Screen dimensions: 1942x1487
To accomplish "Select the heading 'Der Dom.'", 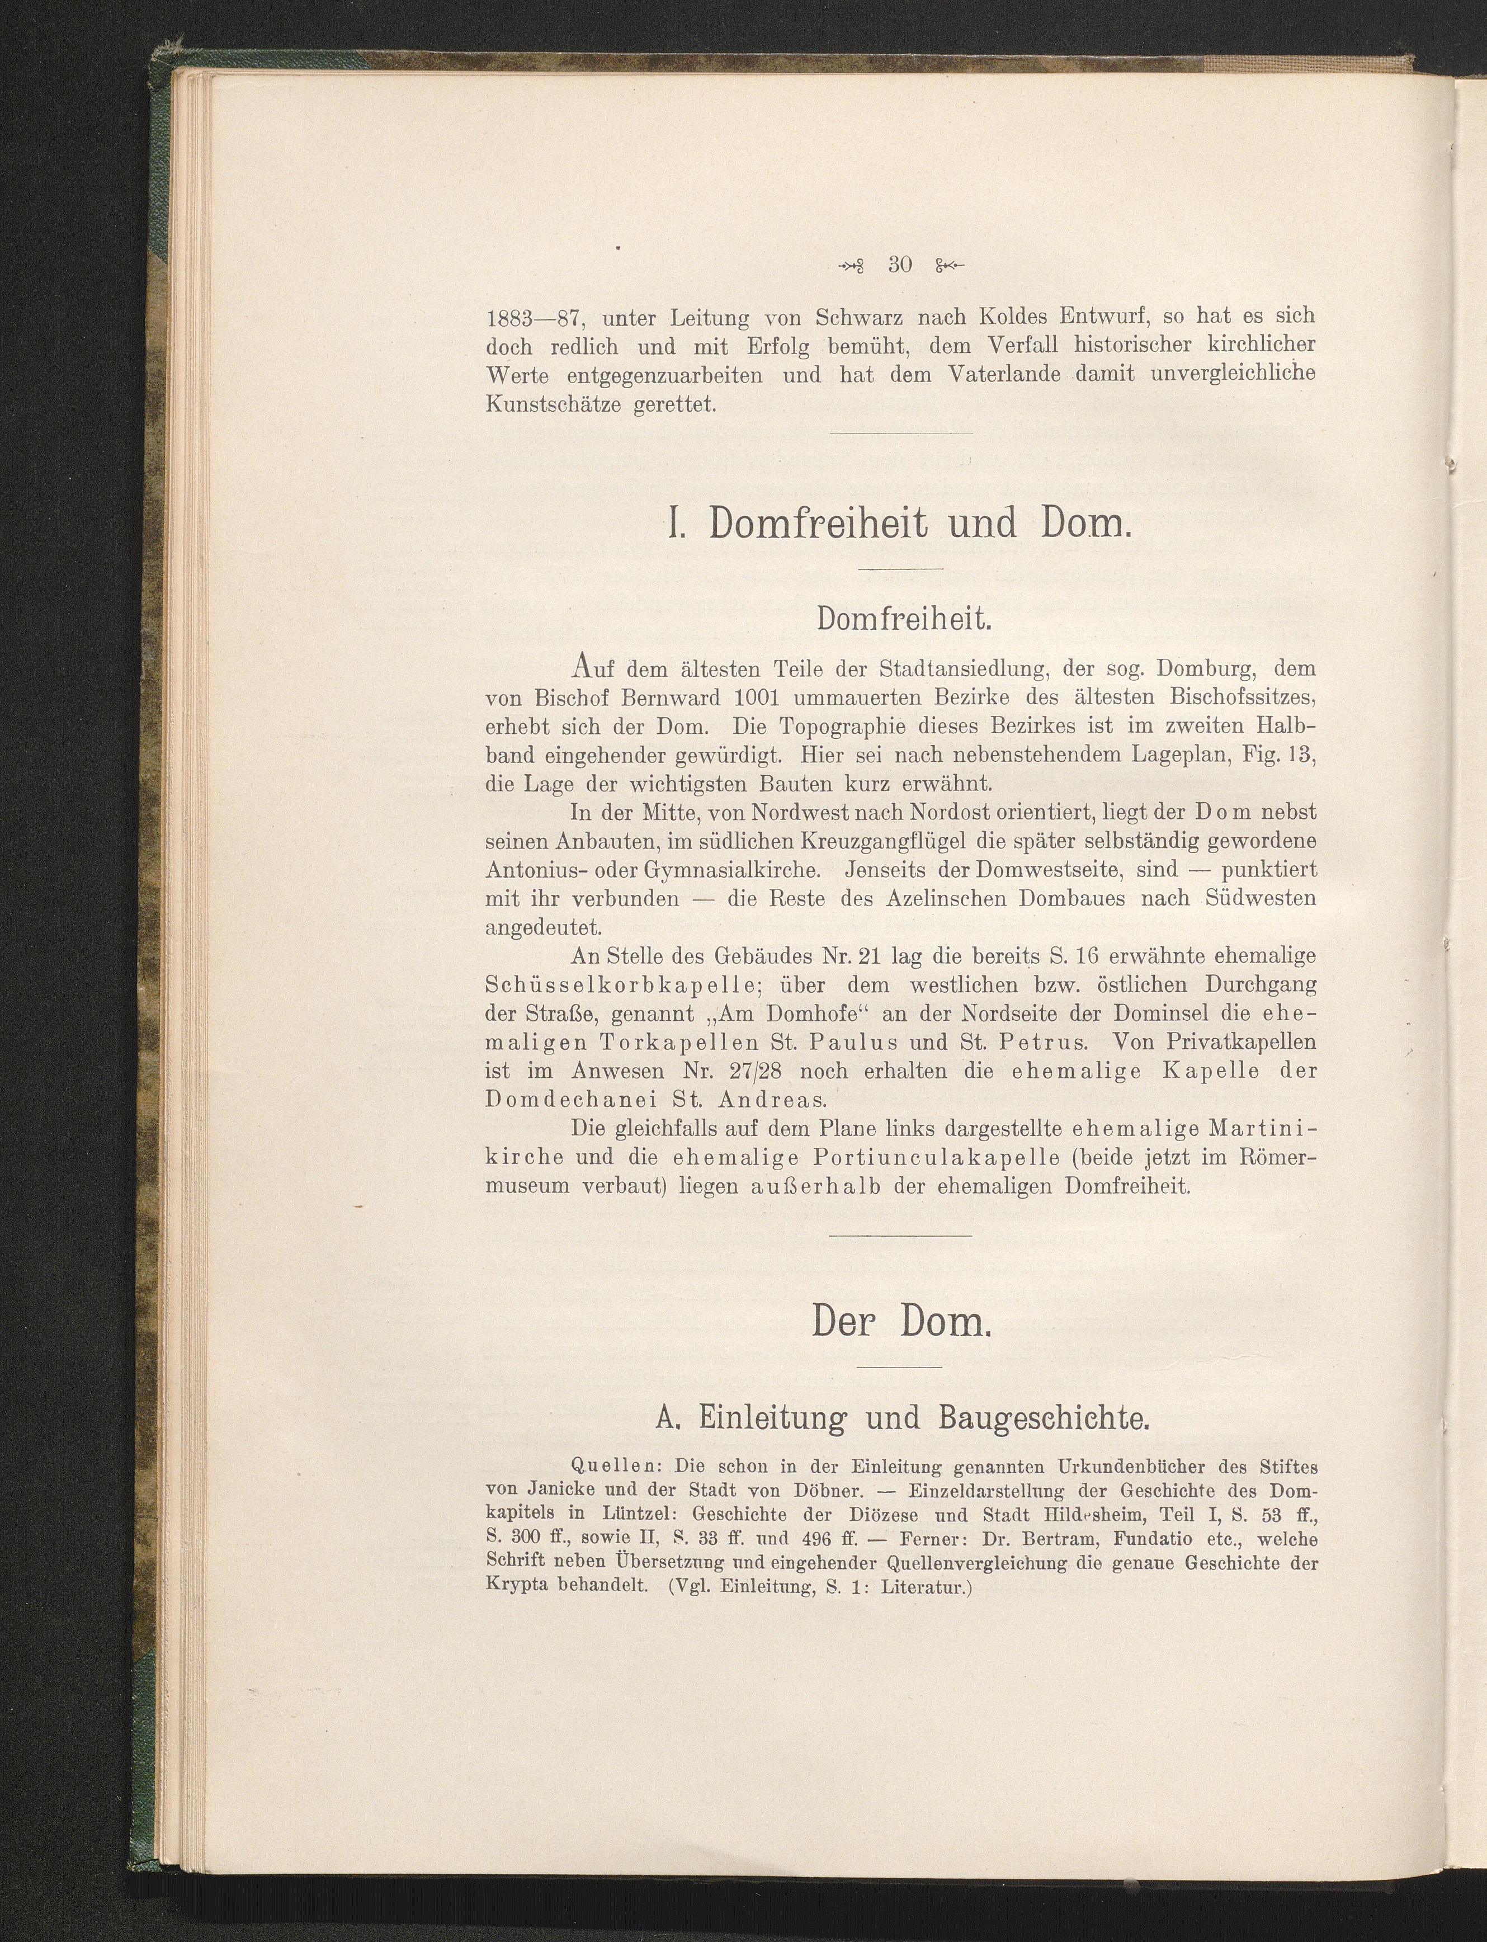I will pos(899,1324).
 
